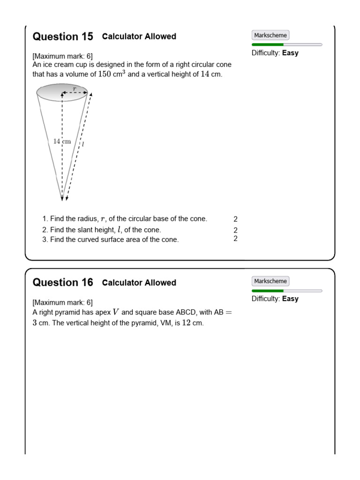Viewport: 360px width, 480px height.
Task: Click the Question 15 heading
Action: click(x=63, y=37)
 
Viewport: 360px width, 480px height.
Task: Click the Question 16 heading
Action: click(x=63, y=283)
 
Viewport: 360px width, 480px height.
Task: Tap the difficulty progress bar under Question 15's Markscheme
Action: click(x=286, y=45)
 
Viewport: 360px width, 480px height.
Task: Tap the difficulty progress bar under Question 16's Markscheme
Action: click(x=286, y=291)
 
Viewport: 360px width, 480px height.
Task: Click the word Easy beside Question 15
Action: click(x=290, y=53)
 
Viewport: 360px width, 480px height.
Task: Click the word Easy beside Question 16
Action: click(x=290, y=299)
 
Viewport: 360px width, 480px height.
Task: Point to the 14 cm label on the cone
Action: click(x=62, y=141)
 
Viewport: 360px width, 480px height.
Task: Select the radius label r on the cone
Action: click(x=74, y=88)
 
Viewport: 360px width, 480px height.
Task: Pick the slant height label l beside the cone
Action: click(x=83, y=144)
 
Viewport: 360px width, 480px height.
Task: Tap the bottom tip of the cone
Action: click(x=62, y=199)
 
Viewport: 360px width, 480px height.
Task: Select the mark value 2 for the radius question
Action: click(x=235, y=219)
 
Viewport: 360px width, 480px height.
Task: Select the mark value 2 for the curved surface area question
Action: click(x=235, y=239)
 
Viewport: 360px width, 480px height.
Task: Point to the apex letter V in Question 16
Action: click(x=116, y=312)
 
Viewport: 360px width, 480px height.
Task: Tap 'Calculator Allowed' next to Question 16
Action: click(x=139, y=283)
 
